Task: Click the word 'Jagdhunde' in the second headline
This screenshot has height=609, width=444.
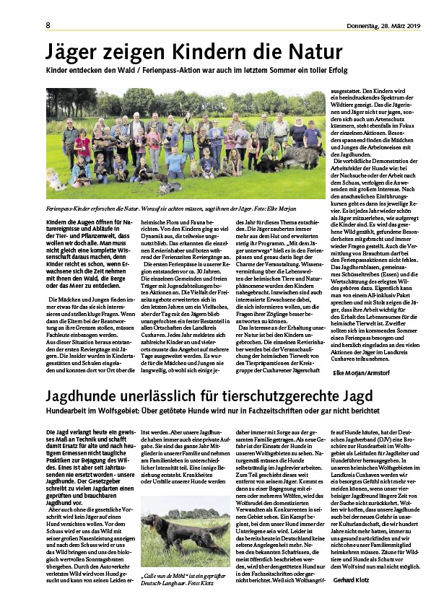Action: click(x=81, y=397)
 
